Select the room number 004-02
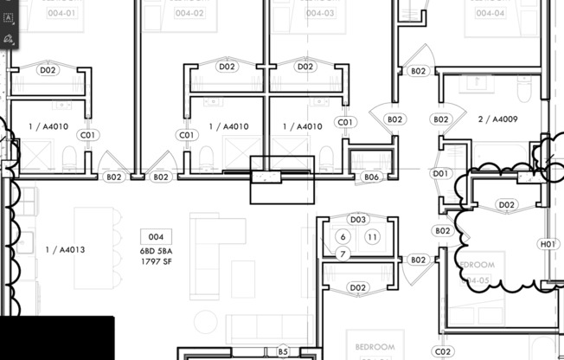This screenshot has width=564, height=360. [189, 13]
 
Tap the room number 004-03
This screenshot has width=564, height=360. [319, 13]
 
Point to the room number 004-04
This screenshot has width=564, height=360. [489, 13]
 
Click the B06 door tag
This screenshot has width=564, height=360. [371, 177]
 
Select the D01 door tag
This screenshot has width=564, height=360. [441, 174]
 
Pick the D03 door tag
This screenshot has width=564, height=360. [358, 220]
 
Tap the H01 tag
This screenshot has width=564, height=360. [548, 245]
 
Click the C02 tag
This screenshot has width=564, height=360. [443, 351]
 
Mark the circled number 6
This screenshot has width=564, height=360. [343, 237]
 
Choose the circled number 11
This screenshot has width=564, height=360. [373, 237]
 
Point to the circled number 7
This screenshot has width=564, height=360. [343, 254]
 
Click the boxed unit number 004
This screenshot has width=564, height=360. [156, 236]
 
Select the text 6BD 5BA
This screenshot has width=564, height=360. [157, 251]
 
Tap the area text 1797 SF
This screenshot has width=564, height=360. [157, 260]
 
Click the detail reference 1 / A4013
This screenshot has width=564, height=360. [65, 250]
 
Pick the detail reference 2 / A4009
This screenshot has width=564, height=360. [497, 119]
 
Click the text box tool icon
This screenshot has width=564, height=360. [9, 18]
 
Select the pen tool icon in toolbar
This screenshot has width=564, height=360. [9, 39]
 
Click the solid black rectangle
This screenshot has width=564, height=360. [56, 338]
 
